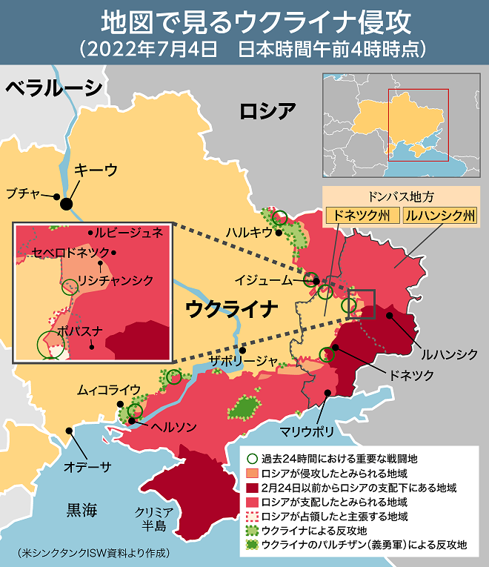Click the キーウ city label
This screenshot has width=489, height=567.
point(96,170)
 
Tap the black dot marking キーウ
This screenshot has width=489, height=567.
point(67,203)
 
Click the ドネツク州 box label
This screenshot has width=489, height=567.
point(361,216)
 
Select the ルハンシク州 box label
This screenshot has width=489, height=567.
point(440,216)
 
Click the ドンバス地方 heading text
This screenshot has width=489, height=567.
point(401,198)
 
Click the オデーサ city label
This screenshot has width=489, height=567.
point(87,465)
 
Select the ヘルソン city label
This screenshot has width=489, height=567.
point(173,428)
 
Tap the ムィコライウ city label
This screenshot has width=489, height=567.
point(109,388)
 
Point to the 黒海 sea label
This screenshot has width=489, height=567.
point(81,509)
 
